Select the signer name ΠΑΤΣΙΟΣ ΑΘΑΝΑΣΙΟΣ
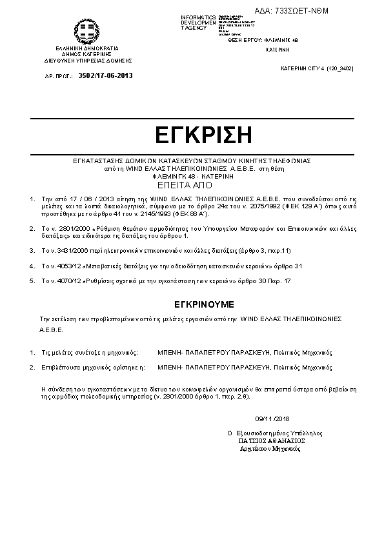[x=271, y=440]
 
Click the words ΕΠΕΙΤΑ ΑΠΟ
[x=193, y=183]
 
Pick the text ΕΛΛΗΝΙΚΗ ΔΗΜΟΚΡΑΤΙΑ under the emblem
[x=87, y=48]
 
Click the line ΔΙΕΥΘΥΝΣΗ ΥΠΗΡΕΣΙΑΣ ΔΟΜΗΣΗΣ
[x=87, y=59]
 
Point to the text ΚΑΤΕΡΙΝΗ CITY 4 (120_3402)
[x=317, y=67]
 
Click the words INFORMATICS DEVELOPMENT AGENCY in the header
[x=198, y=22]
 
